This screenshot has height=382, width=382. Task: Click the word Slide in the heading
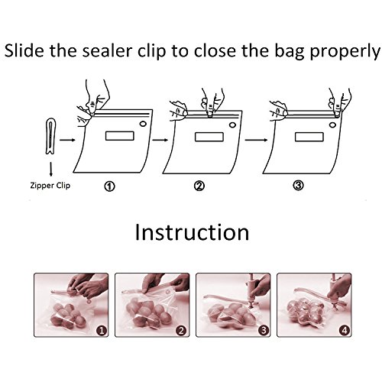[24, 50]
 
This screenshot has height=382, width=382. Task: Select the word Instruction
[192, 232]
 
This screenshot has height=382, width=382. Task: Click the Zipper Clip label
[50, 186]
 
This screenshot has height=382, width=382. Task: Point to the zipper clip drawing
[50, 135]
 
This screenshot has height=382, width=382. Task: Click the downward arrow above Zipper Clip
[51, 169]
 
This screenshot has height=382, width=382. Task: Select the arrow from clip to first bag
[67, 140]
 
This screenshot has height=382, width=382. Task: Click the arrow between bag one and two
[160, 140]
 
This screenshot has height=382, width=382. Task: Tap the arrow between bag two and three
[256, 140]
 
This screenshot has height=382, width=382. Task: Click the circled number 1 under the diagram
[109, 186]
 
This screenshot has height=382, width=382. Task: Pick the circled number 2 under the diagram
[199, 186]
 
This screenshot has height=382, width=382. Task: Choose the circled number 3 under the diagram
[298, 186]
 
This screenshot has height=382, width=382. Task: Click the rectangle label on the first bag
[120, 136]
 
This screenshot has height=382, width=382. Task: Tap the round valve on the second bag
[232, 125]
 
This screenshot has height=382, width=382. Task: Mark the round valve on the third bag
[332, 125]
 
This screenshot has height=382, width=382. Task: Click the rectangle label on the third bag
[309, 137]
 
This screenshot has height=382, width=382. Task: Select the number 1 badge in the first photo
[102, 330]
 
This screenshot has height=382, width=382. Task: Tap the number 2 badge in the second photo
[181, 330]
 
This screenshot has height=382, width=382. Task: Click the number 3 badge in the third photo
[264, 330]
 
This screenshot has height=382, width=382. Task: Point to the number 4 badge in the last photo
[345, 330]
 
